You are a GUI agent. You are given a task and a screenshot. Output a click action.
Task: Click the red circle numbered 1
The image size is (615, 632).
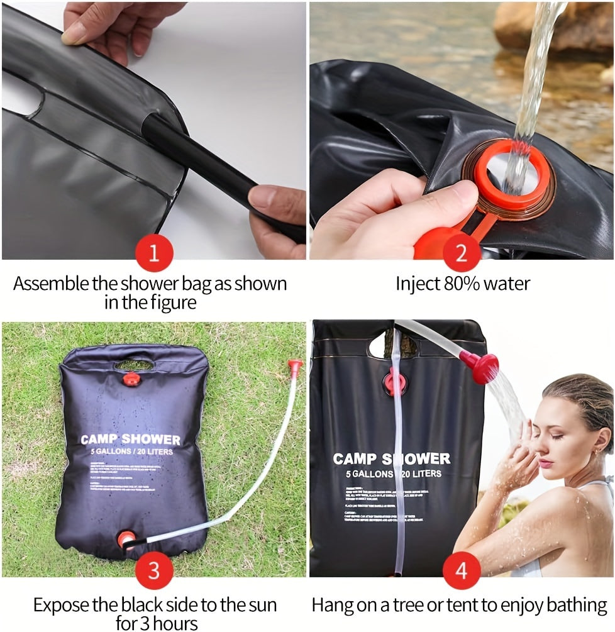point(154,254)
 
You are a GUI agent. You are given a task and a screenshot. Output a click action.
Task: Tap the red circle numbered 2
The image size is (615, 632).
point(462,254)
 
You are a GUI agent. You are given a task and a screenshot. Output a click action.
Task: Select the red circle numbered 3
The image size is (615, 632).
point(154,571)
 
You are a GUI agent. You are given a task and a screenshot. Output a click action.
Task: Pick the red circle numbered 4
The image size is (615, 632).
point(462,571)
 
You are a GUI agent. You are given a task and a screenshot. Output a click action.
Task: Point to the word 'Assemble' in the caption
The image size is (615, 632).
point(51,284)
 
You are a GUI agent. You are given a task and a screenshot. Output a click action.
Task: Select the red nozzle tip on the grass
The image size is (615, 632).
point(294,365)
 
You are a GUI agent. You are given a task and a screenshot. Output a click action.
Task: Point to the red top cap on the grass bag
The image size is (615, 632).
point(131,379)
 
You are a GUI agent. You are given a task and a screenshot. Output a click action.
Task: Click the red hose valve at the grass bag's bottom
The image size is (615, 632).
point(126,540)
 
